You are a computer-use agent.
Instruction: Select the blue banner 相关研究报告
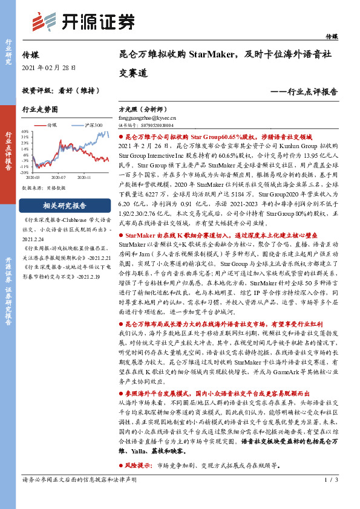(x=61, y=204)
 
